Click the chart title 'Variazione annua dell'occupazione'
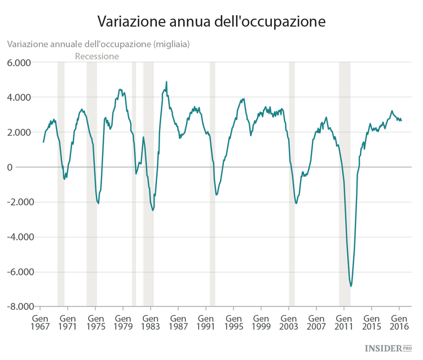211,21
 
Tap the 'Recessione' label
97,56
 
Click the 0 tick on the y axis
26,167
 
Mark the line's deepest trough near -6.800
351,286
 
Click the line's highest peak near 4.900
166,82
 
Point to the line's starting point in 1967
43,142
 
